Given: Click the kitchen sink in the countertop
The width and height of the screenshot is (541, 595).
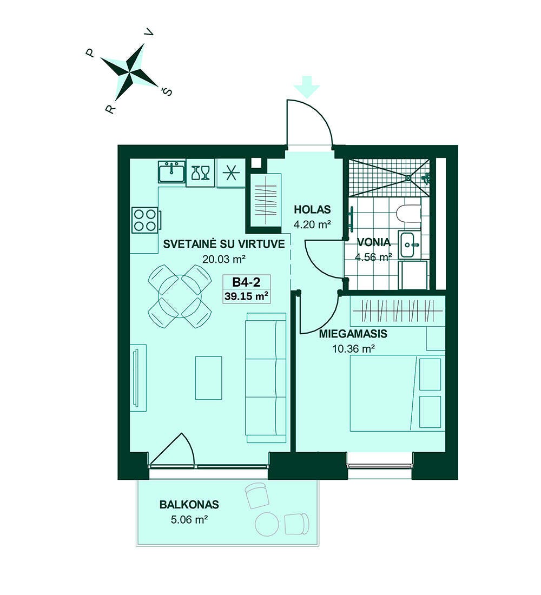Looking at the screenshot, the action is pyautogui.click(x=172, y=171).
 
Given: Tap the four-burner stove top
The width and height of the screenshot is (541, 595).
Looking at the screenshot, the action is pyautogui.click(x=145, y=220).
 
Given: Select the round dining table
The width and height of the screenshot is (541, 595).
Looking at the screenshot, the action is pyautogui.click(x=180, y=296).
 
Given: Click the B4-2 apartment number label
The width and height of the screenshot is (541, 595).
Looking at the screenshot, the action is pyautogui.click(x=246, y=282).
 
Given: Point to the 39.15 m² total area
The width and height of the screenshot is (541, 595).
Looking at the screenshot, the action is pyautogui.click(x=247, y=296).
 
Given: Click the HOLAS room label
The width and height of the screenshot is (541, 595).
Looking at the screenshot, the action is pyautogui.click(x=312, y=209).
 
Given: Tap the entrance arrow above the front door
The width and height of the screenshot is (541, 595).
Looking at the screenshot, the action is pyautogui.click(x=307, y=87).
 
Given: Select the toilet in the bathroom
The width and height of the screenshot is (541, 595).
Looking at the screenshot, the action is pyautogui.click(x=408, y=213).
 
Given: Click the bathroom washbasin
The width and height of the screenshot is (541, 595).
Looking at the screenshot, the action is pyautogui.click(x=410, y=244).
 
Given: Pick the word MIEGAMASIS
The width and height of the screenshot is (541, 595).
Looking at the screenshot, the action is pyautogui.click(x=353, y=334).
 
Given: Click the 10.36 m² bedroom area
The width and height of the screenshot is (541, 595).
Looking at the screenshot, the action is pyautogui.click(x=354, y=348).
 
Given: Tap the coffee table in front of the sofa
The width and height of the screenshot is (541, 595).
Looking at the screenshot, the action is pyautogui.click(x=208, y=378).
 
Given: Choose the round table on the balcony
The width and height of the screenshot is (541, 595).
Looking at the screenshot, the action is pyautogui.click(x=267, y=524).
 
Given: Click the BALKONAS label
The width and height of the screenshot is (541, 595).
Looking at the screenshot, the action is pyautogui.click(x=189, y=505).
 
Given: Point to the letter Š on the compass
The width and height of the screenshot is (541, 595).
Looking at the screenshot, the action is pyautogui.click(x=167, y=91).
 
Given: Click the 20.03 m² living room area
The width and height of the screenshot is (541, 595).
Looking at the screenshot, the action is pyautogui.click(x=224, y=260).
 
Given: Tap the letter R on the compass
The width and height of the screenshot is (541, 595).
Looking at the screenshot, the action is pyautogui.click(x=110, y=109).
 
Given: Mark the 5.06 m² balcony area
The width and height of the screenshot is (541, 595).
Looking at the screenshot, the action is pyautogui.click(x=189, y=519).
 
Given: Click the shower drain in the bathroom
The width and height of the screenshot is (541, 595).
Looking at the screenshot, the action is pyautogui.click(x=408, y=177).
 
